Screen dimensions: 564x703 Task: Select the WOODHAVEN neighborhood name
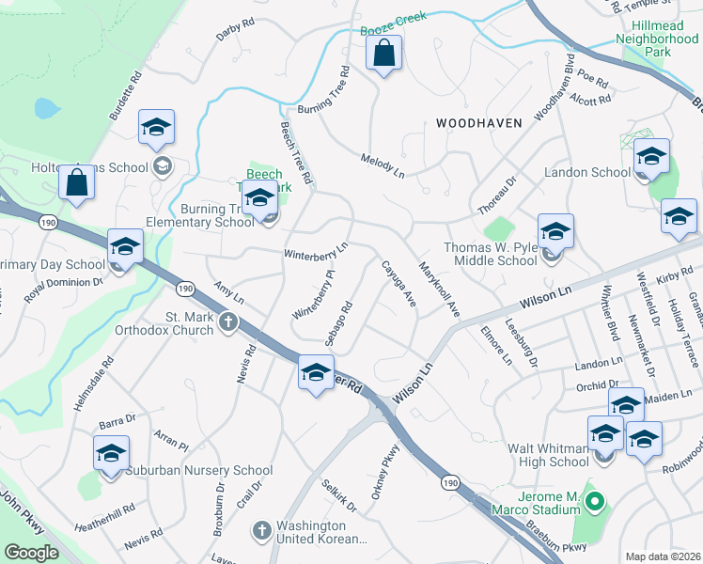tap(479, 123)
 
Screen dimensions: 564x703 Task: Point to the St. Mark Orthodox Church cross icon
tap(227, 322)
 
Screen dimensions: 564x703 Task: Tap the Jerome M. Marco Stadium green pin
tap(593, 504)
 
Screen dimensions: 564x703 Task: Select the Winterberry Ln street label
tap(316, 251)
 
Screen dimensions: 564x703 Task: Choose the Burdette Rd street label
tap(125, 95)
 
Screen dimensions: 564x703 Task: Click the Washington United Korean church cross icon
tap(261, 530)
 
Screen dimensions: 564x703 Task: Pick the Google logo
tap(31, 553)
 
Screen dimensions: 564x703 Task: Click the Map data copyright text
tap(663, 556)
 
